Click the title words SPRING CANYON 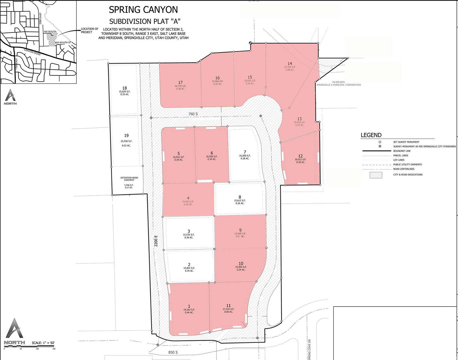(x=143, y=10)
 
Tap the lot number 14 (x=290, y=64)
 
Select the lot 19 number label (x=126, y=136)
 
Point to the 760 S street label (x=193, y=114)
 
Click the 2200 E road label (x=156, y=241)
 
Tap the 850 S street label (x=173, y=352)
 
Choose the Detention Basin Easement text (x=129, y=179)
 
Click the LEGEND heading (x=371, y=135)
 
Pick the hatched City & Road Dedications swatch (x=376, y=175)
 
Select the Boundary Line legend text (x=402, y=151)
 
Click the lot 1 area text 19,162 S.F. (x=189, y=310)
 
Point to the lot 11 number (x=228, y=305)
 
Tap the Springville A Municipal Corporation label (x=339, y=85)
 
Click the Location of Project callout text (x=89, y=31)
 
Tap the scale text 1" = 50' (x=43, y=343)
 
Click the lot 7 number (x=245, y=152)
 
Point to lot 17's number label (x=180, y=83)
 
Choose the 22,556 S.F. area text (x=126, y=141)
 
